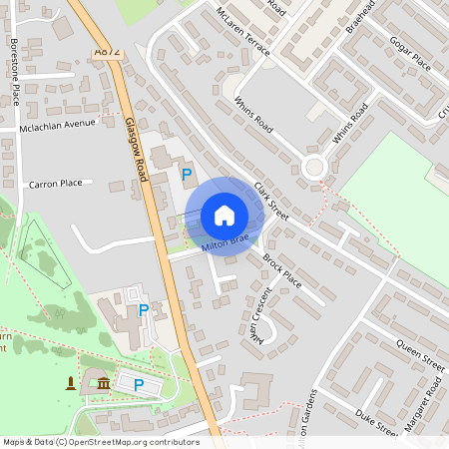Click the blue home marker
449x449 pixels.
(224, 216)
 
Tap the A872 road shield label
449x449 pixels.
(105, 51)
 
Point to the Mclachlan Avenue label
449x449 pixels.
(58, 127)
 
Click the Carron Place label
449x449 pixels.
(56, 184)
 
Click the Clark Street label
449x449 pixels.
(270, 201)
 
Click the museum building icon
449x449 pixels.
(103, 384)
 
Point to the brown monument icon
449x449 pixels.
(71, 384)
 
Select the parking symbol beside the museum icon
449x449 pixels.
(139, 384)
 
